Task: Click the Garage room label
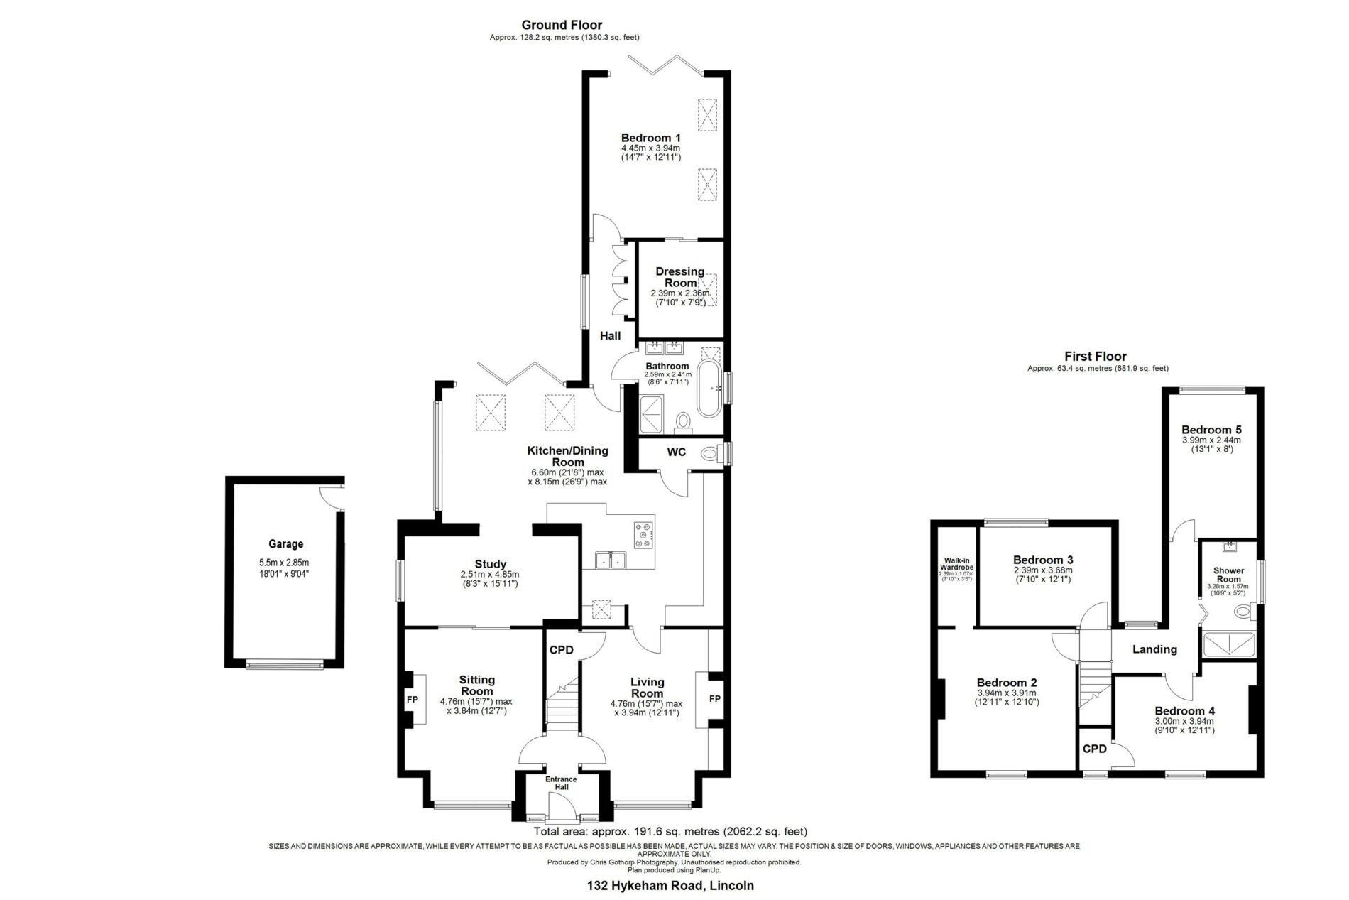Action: (285, 544)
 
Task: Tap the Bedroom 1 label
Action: (651, 138)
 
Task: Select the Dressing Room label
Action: (680, 277)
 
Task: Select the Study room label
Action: (491, 565)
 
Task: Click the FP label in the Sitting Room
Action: (412, 700)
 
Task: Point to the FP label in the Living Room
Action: (715, 699)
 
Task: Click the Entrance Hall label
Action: (561, 783)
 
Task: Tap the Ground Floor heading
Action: (562, 26)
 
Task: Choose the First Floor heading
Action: (1096, 357)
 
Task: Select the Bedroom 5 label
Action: (1211, 430)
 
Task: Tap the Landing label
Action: (1154, 649)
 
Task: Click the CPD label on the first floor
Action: (1094, 749)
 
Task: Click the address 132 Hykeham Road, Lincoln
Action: (670, 886)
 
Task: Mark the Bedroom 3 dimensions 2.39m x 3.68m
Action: (1042, 570)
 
